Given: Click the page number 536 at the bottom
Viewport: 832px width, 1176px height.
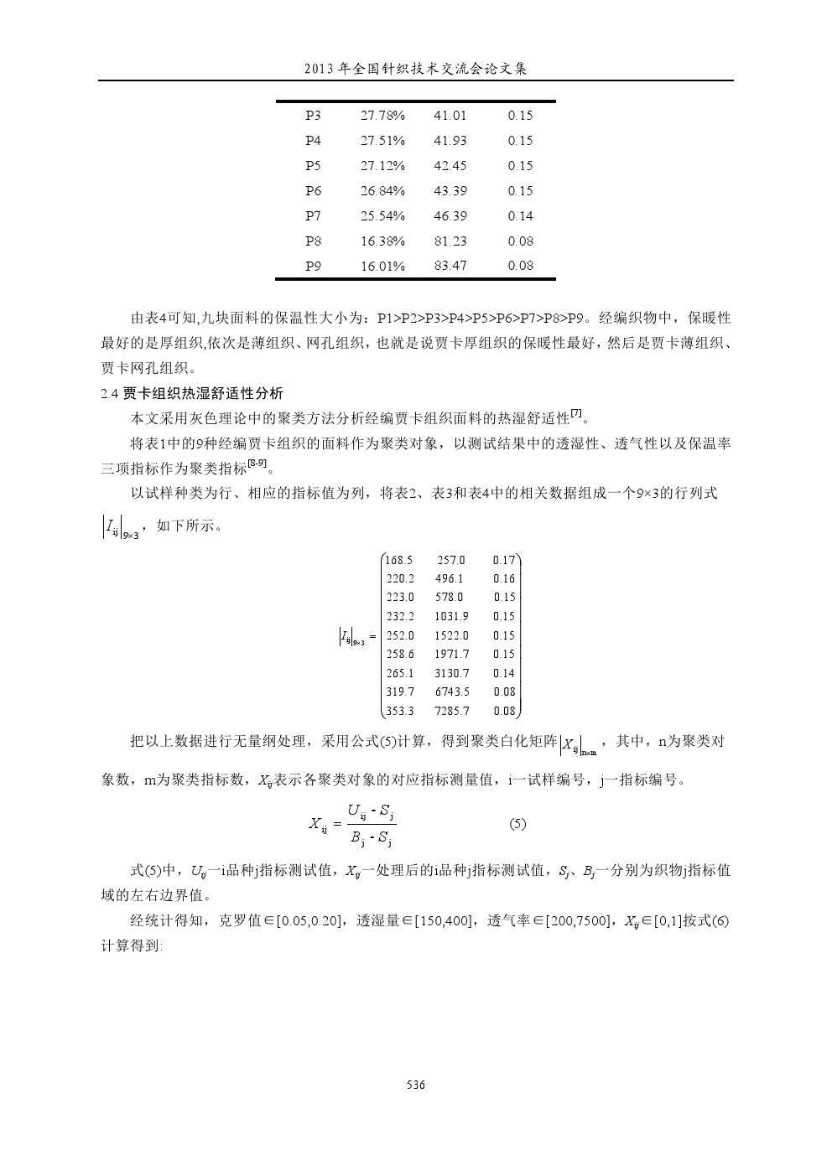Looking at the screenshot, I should [x=416, y=1085].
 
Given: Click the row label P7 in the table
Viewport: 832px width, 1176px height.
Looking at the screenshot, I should [x=313, y=216].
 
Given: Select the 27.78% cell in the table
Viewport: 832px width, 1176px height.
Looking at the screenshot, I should [x=382, y=116].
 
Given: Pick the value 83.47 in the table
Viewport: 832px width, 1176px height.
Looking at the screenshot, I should [x=450, y=266].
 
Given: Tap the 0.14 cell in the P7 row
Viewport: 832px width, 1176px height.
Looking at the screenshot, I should [x=520, y=216].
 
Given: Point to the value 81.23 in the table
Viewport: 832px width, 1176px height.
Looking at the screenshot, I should [x=450, y=241].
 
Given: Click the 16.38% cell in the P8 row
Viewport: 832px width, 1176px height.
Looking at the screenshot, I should [x=382, y=241].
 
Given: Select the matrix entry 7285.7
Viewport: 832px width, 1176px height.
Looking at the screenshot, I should [x=452, y=712].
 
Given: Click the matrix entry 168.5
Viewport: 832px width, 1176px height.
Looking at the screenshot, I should [x=399, y=560].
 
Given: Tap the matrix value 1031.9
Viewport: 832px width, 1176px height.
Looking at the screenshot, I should [x=452, y=616].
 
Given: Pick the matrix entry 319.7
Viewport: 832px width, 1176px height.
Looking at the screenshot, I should [x=399, y=692].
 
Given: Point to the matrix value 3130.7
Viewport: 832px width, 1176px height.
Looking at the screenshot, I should [x=452, y=673].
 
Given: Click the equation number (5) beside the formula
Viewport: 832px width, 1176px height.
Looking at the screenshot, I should [x=517, y=824].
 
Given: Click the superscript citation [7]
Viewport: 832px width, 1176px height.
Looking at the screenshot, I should [x=576, y=413].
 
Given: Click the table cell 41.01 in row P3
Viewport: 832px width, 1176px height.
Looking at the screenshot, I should [x=450, y=116].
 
